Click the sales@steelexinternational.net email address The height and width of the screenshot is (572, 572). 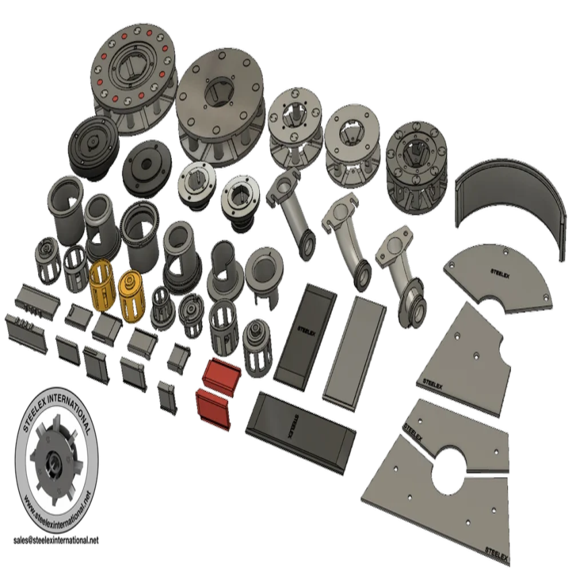coord(56,540)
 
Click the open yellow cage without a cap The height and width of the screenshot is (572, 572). coord(101,285)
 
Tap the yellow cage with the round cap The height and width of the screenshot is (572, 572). coord(132,295)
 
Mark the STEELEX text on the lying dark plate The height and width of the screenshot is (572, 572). coord(293,427)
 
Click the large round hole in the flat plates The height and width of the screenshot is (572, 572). coord(450,470)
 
